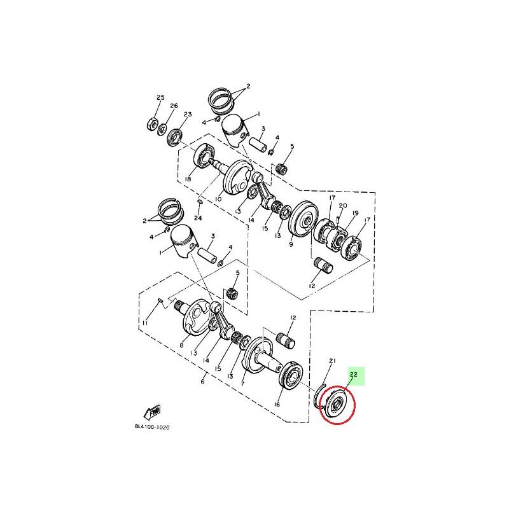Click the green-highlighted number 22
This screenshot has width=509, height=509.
pos(354,374)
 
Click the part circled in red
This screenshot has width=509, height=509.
pos(337,404)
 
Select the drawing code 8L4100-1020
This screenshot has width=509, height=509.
pos(152,427)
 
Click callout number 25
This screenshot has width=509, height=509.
pos(160,97)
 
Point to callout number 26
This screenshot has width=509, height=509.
pos(174,106)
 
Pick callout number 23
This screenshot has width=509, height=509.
pos(188,115)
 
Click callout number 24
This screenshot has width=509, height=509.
pos(198,218)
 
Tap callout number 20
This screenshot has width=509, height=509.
pos(343,206)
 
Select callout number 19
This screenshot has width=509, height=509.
pos(356,213)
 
